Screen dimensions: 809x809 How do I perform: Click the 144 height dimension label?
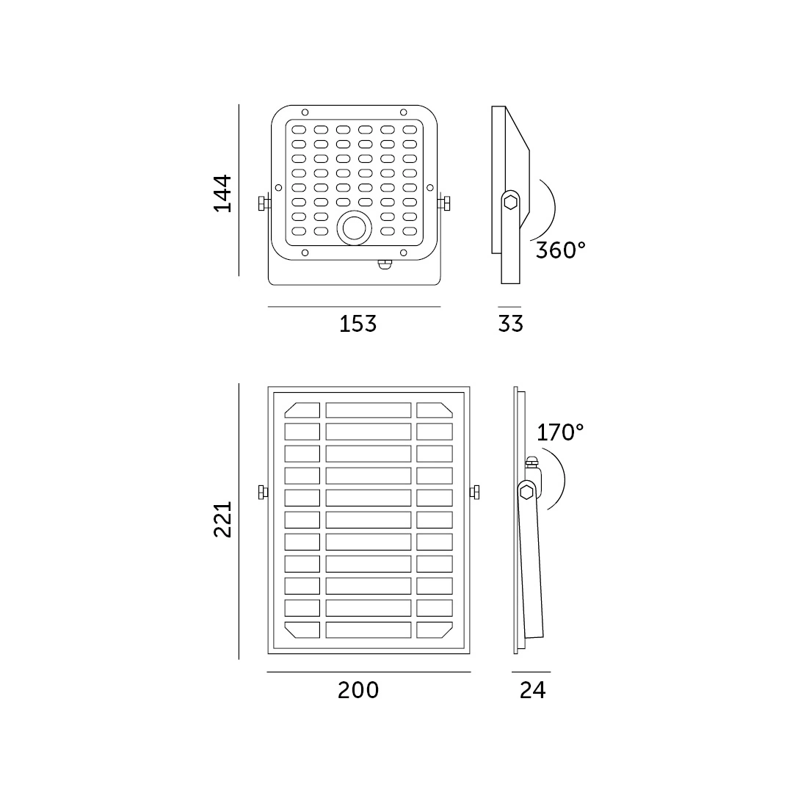223,194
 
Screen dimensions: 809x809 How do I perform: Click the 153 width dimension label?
358,324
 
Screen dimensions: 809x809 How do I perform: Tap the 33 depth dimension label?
511,324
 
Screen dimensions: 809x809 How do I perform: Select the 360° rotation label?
561,250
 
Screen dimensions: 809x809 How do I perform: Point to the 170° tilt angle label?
560,432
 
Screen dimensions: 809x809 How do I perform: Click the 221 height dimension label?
223,519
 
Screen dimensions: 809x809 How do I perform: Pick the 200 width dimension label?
358,690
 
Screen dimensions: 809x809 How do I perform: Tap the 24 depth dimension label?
532,690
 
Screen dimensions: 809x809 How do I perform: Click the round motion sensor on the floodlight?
355,228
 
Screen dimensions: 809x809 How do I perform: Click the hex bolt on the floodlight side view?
510,203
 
